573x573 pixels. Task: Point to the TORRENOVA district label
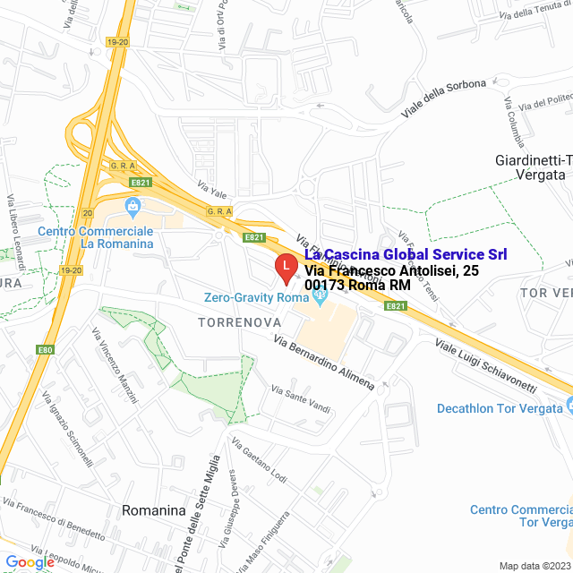240,321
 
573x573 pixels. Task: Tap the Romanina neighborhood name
153,510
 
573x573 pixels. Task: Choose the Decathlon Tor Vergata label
500,408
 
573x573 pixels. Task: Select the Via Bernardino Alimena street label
324,363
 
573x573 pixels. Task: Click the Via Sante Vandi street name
301,394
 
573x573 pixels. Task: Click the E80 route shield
46,349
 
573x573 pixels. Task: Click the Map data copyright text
535,566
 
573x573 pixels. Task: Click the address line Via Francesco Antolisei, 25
383,270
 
